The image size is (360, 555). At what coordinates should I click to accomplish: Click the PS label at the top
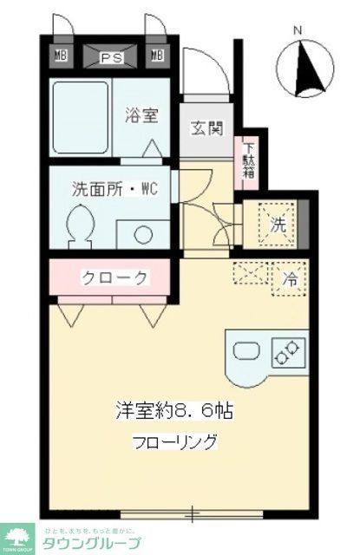[x=109, y=58]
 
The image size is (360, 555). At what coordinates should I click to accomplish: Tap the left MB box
[x=62, y=57]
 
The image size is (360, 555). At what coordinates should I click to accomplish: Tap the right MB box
[x=157, y=57]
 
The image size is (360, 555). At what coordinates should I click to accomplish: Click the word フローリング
[x=175, y=441]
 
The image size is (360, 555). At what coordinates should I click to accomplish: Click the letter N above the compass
[x=298, y=31]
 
